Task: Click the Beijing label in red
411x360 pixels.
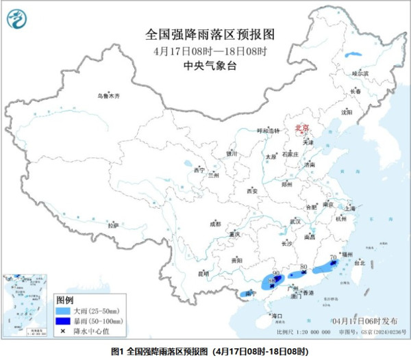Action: [301, 128]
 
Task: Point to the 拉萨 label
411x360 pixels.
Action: [113, 224]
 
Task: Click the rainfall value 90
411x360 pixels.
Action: [276, 272]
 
